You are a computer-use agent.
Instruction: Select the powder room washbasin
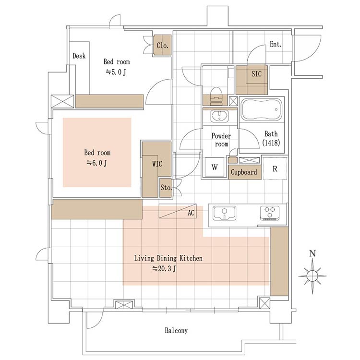pos(220,116)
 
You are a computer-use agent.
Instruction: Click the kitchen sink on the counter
pos(225,213)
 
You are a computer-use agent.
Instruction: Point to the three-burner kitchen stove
pos(270,213)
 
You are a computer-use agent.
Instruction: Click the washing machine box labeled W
pos(215,167)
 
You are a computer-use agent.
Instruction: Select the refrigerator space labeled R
pos(275,169)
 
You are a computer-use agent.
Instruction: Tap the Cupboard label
pos(244,172)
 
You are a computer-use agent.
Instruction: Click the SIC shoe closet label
pos(256,74)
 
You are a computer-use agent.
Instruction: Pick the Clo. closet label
pos(162,45)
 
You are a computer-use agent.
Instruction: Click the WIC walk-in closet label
pos(157,164)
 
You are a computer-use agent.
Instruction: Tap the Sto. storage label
pos(166,188)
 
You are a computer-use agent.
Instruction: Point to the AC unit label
pos(191,213)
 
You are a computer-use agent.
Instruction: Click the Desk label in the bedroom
pos(79,56)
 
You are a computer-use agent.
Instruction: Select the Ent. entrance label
pos(276,44)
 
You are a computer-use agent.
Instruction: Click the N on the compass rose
pos(312,253)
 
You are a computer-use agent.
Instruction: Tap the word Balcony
pos(176,331)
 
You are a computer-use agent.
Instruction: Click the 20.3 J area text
pos(164,268)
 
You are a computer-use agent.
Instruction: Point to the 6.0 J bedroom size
pos(96,163)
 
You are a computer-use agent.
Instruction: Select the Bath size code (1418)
pos(271,143)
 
